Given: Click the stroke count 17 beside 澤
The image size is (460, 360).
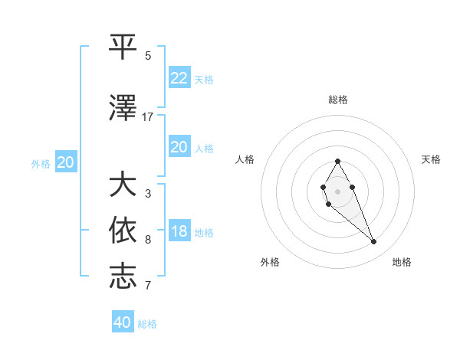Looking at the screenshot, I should click(148, 117).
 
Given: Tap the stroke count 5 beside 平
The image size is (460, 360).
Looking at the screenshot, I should click(148, 55).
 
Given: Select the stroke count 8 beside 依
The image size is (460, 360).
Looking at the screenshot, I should click(148, 240).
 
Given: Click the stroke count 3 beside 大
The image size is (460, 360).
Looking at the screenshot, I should click(148, 194).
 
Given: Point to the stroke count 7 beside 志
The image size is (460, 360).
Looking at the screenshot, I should click(148, 285).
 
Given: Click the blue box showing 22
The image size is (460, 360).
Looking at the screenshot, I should click(179, 77).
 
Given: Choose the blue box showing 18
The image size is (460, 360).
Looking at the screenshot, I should click(179, 231).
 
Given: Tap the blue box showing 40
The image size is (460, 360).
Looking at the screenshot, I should click(123, 322).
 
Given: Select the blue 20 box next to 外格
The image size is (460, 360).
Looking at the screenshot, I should click(66, 162).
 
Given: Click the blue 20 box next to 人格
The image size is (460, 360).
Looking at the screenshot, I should click(179, 147).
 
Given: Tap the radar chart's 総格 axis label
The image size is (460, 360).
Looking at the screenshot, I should click(338, 100).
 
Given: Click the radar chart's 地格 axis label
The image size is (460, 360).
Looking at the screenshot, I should click(402, 263).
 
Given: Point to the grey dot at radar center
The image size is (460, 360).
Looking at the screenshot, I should click(337, 191).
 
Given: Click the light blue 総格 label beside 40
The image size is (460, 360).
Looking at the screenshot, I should click(147, 324).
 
